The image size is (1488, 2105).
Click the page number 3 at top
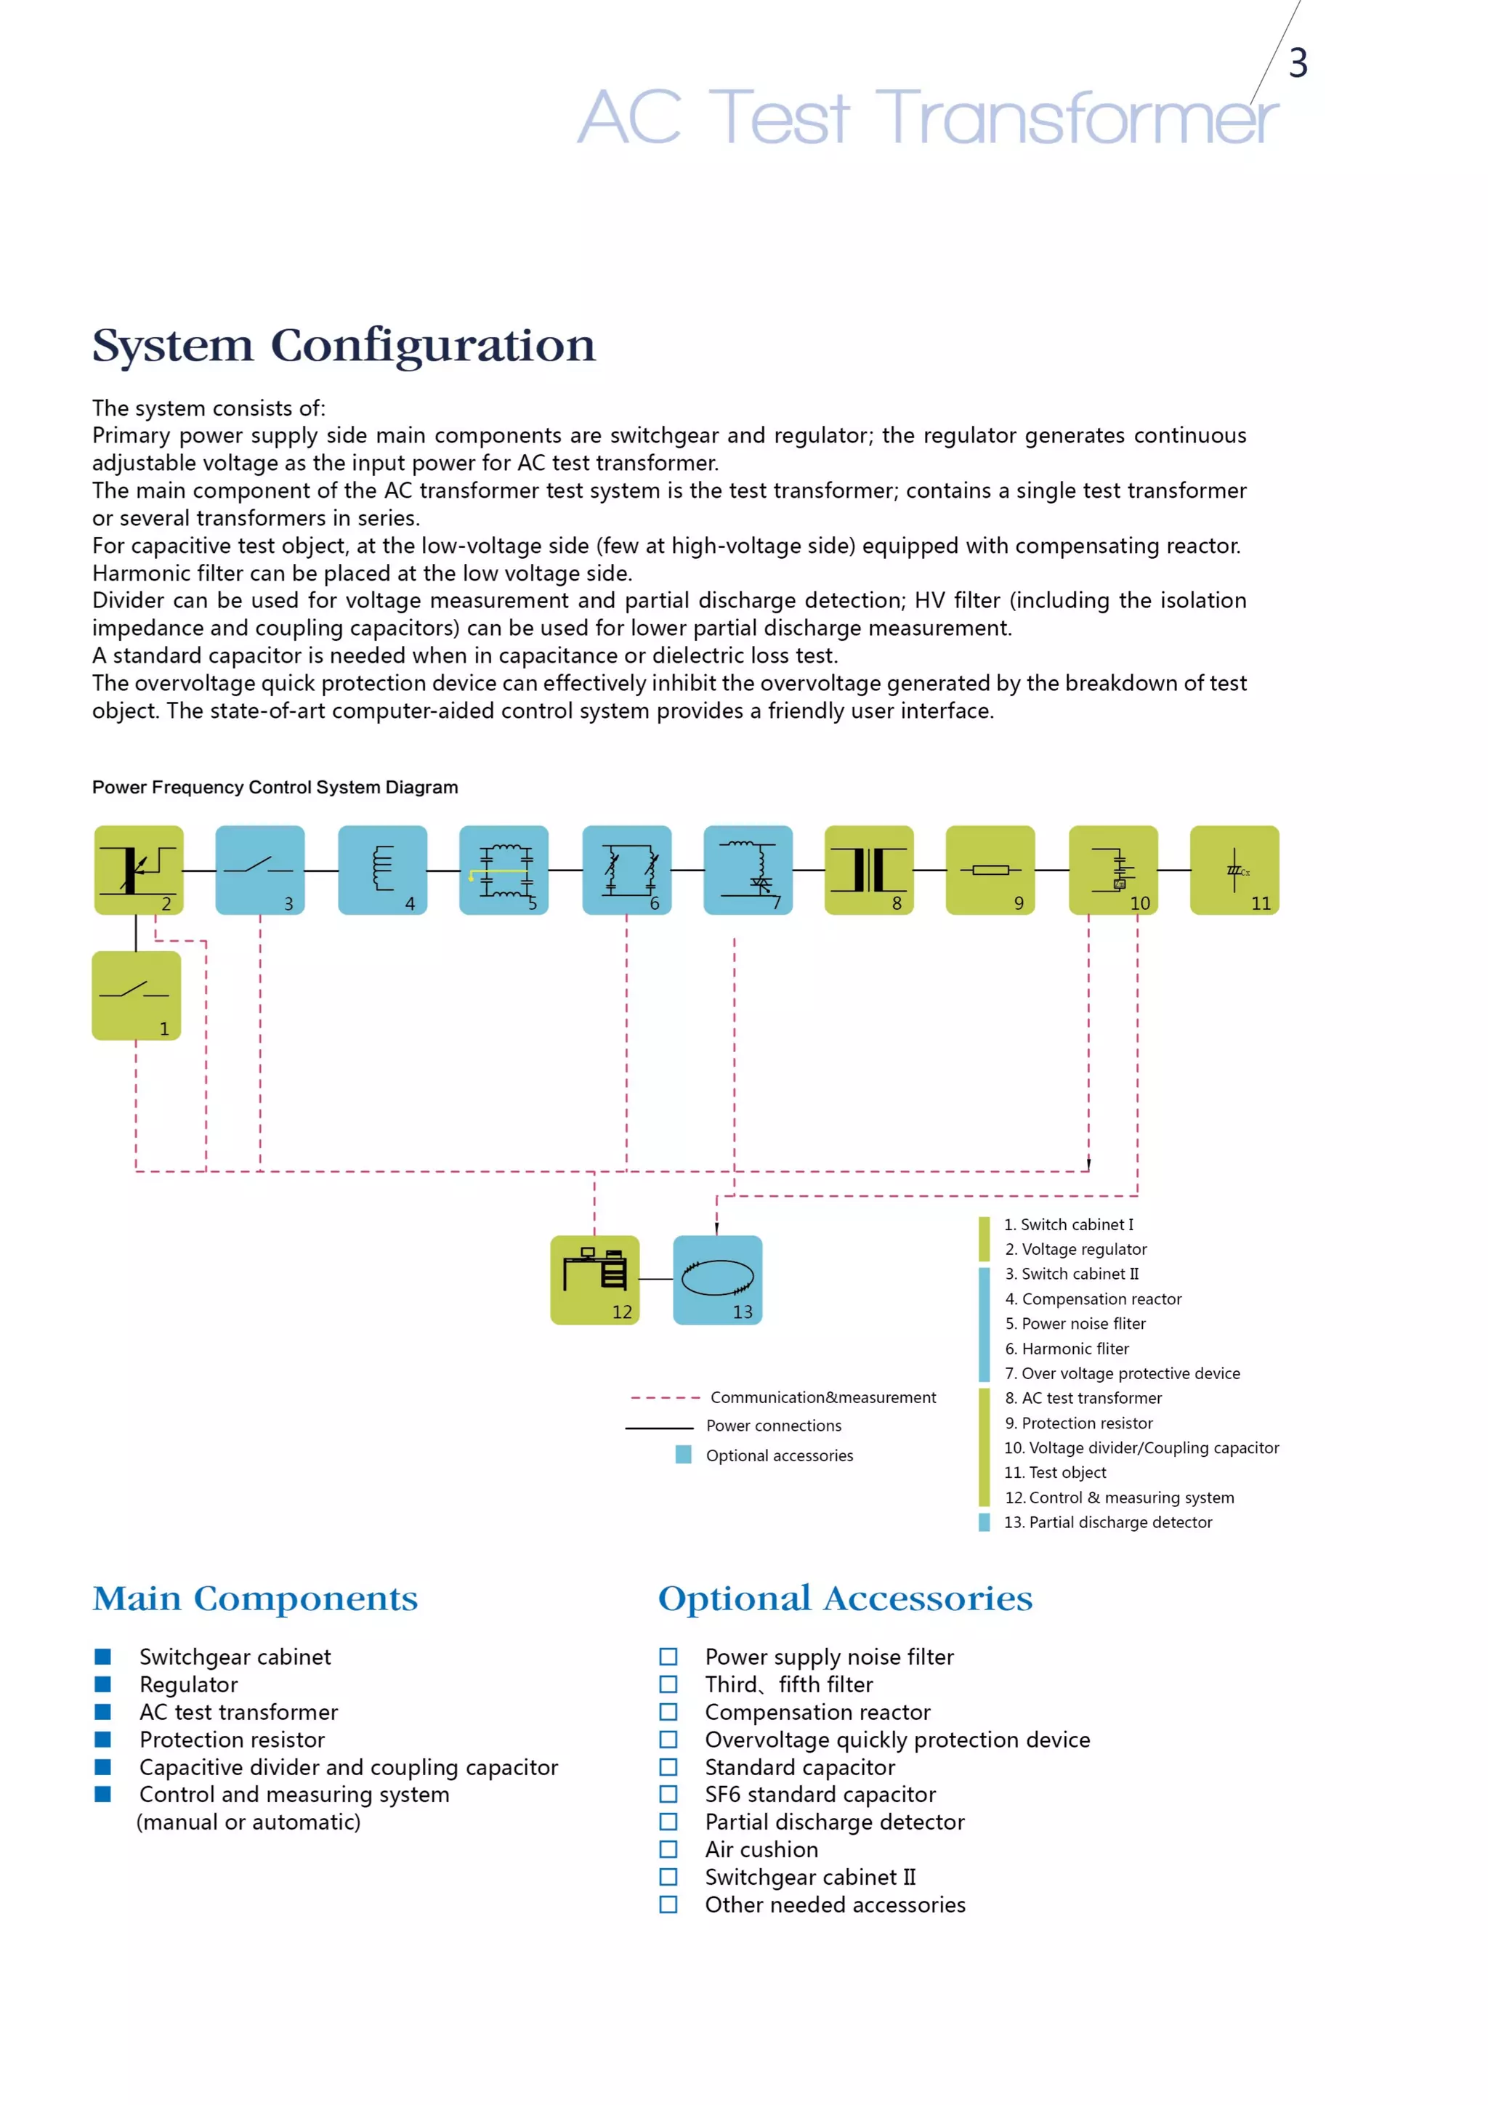pos(1298,62)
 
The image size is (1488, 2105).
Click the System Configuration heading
pos(344,347)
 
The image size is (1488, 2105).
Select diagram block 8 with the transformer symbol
pos(868,869)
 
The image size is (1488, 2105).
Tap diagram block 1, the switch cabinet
pos(136,995)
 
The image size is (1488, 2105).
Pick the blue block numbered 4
pos(382,869)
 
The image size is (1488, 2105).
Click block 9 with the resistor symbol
pos(990,869)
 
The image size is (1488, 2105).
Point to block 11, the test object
pos(1234,869)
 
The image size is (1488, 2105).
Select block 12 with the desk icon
pos(594,1279)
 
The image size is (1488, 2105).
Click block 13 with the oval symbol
pos(717,1279)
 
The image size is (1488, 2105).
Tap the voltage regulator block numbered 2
pos(139,869)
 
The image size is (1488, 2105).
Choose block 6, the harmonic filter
pos(627,869)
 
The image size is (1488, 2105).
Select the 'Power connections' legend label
pos(773,1426)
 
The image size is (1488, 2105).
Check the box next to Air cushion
pos(668,1849)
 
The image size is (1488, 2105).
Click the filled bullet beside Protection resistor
pos(102,1740)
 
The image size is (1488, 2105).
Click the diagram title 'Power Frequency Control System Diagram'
pos(275,788)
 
